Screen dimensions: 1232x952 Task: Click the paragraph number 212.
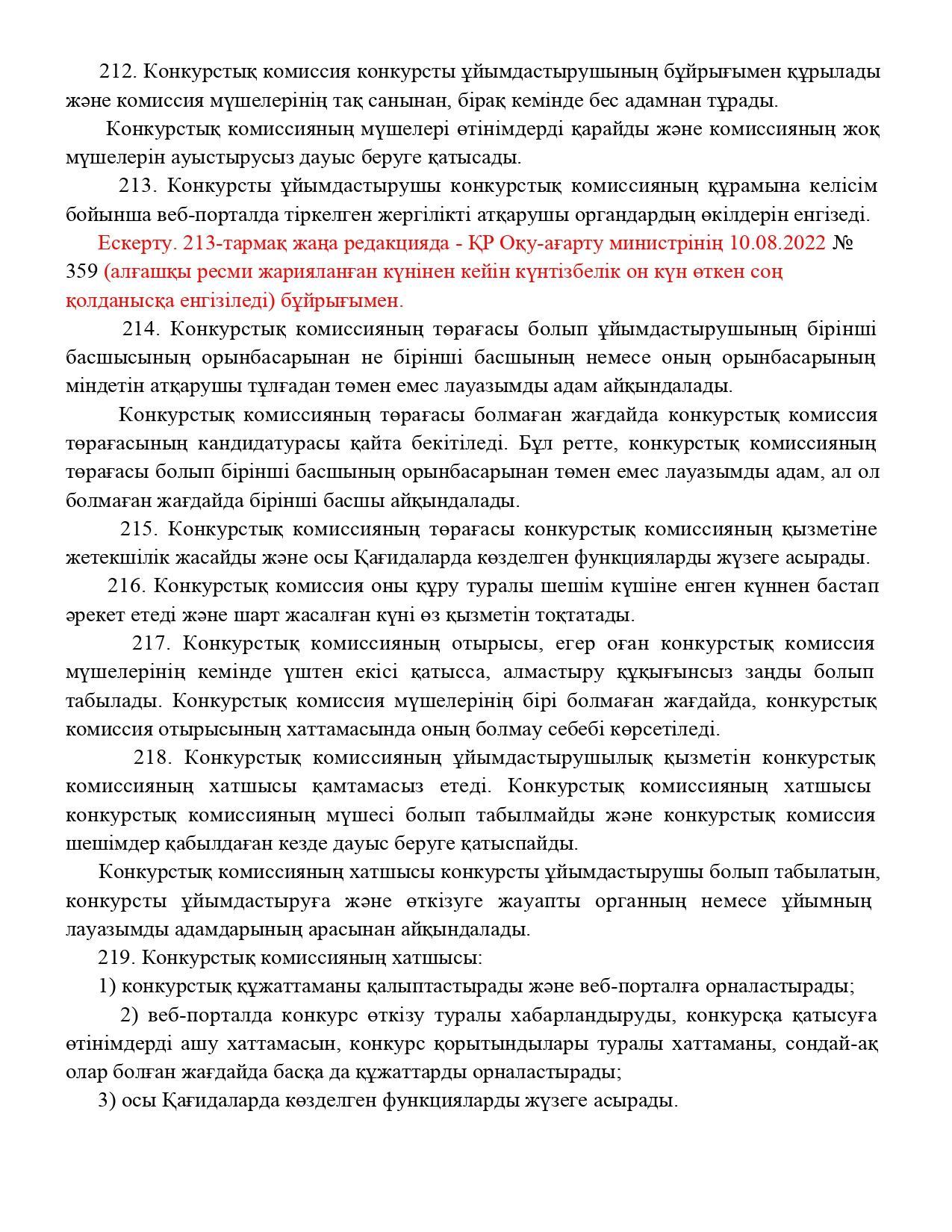[116, 72]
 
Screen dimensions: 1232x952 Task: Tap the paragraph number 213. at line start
[137, 185]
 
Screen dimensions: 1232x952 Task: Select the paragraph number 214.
[140, 329]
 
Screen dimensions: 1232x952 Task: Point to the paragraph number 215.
[139, 529]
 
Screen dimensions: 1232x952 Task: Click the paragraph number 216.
[126, 586]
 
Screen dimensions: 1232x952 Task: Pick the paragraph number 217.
[152, 643]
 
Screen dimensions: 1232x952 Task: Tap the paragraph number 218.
[152, 757]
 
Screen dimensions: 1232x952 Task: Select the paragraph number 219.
[116, 957]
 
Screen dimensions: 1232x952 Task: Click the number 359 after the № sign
[81, 271]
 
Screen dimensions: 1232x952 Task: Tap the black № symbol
[843, 243]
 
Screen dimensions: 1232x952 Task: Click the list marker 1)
[107, 986]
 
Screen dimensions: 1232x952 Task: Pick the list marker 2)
[130, 1015]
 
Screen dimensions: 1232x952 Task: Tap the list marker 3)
[107, 1101]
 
